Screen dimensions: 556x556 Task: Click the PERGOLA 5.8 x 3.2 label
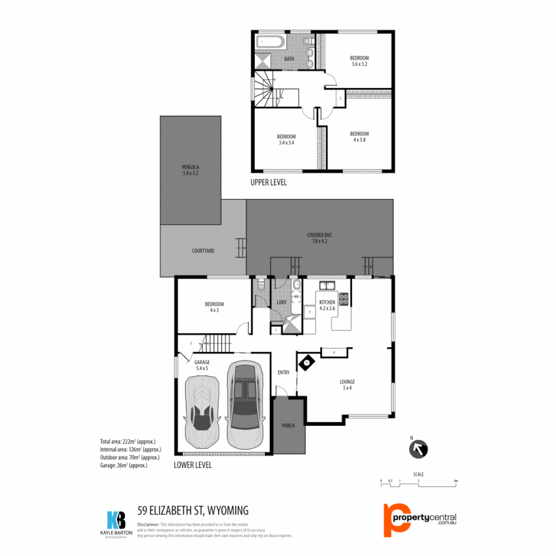190,170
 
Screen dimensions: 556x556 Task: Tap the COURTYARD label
203,251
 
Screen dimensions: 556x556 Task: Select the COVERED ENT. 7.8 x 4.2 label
319,238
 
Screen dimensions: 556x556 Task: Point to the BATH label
289,59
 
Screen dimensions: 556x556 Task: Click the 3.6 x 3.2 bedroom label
359,61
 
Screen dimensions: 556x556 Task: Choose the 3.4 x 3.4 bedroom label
286,139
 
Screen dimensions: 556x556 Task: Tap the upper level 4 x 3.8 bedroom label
359,136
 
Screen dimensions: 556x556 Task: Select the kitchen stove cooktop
343,298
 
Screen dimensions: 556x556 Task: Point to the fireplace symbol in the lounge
307,362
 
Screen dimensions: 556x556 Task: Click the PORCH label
288,426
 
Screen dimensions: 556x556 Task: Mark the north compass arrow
418,449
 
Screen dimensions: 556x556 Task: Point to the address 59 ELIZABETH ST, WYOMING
193,510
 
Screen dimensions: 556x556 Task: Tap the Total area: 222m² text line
128,441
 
